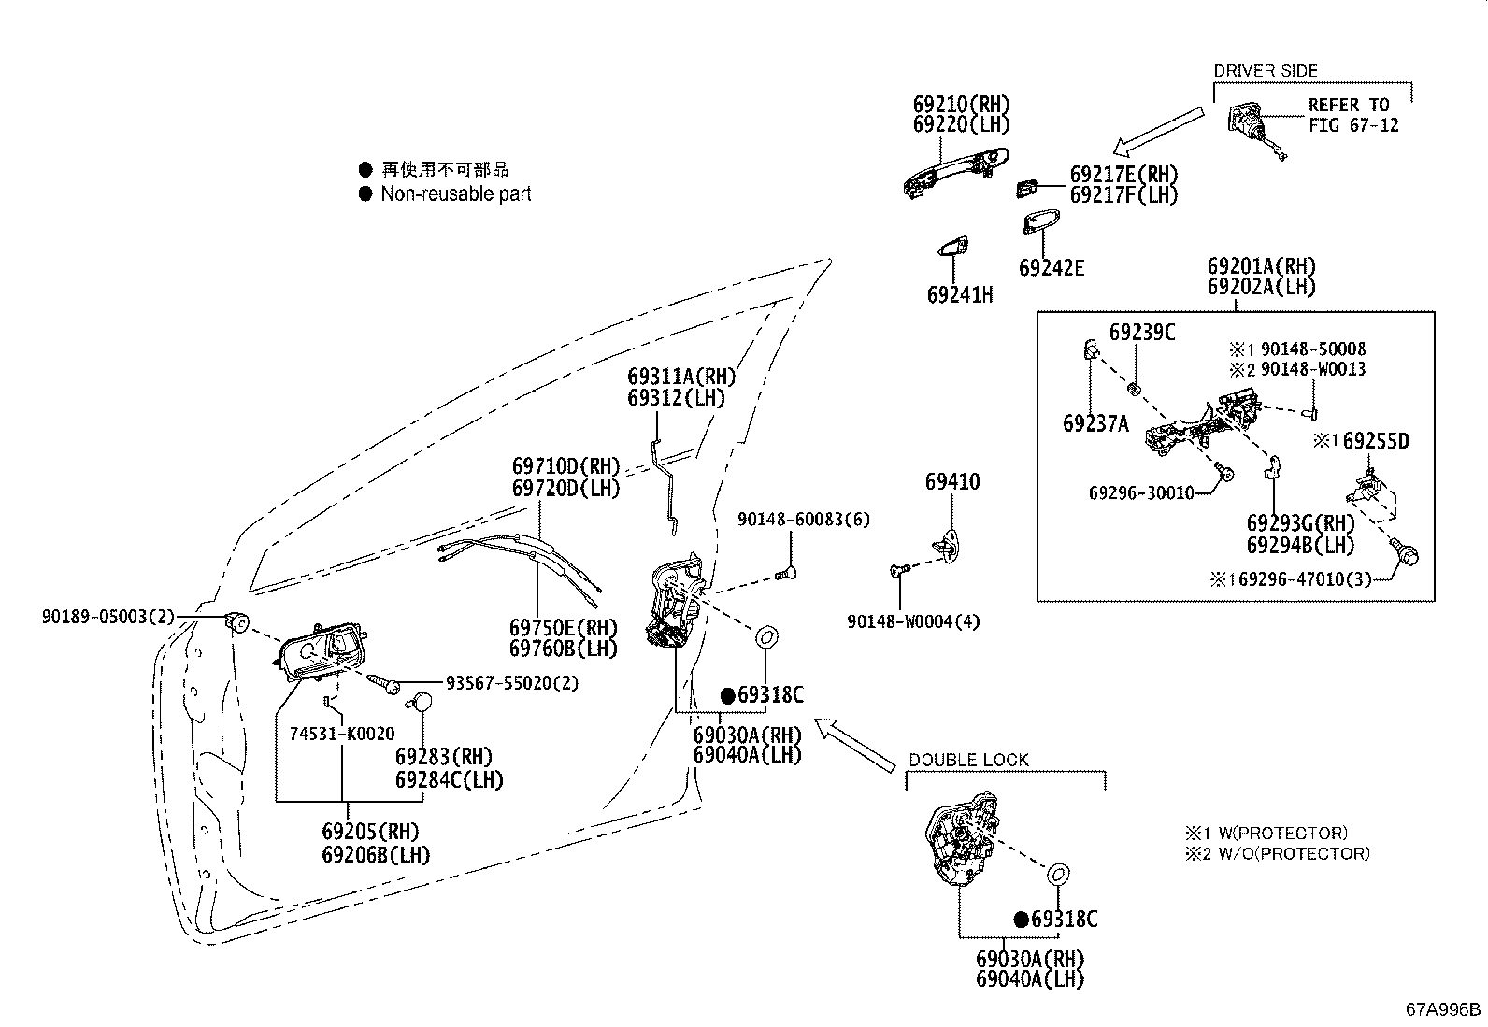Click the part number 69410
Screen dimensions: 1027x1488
pyautogui.click(x=952, y=482)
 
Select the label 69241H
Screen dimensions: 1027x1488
pyautogui.click(x=959, y=295)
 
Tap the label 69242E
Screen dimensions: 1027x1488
pyautogui.click(x=1052, y=268)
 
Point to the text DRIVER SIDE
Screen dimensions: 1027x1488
pyautogui.click(x=1265, y=71)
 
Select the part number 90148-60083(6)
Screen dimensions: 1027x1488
pyautogui.click(x=804, y=520)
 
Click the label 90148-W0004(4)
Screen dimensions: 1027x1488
pyautogui.click(x=913, y=621)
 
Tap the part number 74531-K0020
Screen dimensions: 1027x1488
pyautogui.click(x=341, y=735)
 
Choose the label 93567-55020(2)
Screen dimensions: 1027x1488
pyautogui.click(x=511, y=683)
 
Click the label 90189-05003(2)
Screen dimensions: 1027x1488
pyautogui.click(x=107, y=617)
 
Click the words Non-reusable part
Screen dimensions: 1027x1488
pyautogui.click(x=455, y=194)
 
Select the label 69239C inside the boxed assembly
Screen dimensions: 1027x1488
pyautogui.click(x=1141, y=333)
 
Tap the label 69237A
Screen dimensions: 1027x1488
pyautogui.click(x=1095, y=423)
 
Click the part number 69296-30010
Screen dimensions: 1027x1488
pyautogui.click(x=1140, y=492)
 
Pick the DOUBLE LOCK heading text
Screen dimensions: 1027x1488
pyautogui.click(x=968, y=761)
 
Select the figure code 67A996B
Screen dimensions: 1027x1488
pyautogui.click(x=1443, y=1009)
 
